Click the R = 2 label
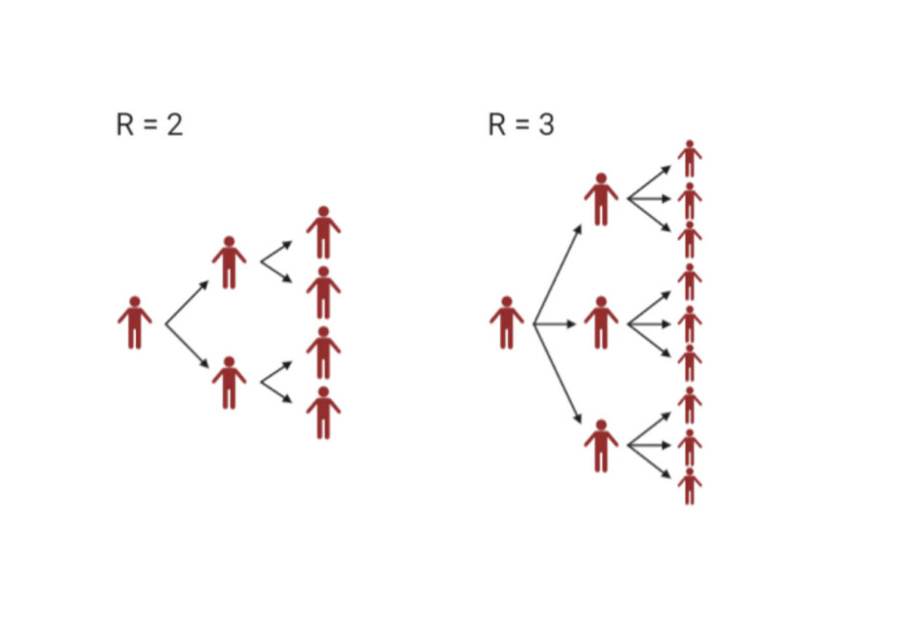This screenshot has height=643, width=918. tap(149, 125)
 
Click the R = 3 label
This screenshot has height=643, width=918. tap(520, 125)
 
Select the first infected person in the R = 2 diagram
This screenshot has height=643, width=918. tap(135, 323)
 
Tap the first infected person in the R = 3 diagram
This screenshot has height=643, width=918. tap(506, 323)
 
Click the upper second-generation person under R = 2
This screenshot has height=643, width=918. tap(229, 263)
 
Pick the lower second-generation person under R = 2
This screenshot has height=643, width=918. tap(229, 383)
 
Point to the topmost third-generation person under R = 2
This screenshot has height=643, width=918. tap(323, 233)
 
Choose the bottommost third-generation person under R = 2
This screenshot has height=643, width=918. tap(323, 413)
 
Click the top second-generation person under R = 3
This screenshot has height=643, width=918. tap(601, 200)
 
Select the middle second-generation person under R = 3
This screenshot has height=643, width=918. tap(601, 323)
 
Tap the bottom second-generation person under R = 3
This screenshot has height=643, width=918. tap(601, 446)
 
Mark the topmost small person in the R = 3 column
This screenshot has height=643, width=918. tap(689, 159)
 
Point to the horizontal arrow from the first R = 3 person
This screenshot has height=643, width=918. tap(555, 324)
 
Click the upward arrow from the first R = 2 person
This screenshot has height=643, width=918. tap(187, 302)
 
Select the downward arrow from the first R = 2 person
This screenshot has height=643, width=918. tap(187, 346)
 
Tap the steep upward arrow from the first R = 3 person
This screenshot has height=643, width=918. tap(557, 275)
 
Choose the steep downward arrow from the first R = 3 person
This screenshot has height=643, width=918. tap(557, 373)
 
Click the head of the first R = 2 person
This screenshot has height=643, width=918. tap(135, 302)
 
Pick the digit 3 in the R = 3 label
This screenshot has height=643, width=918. tap(546, 125)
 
